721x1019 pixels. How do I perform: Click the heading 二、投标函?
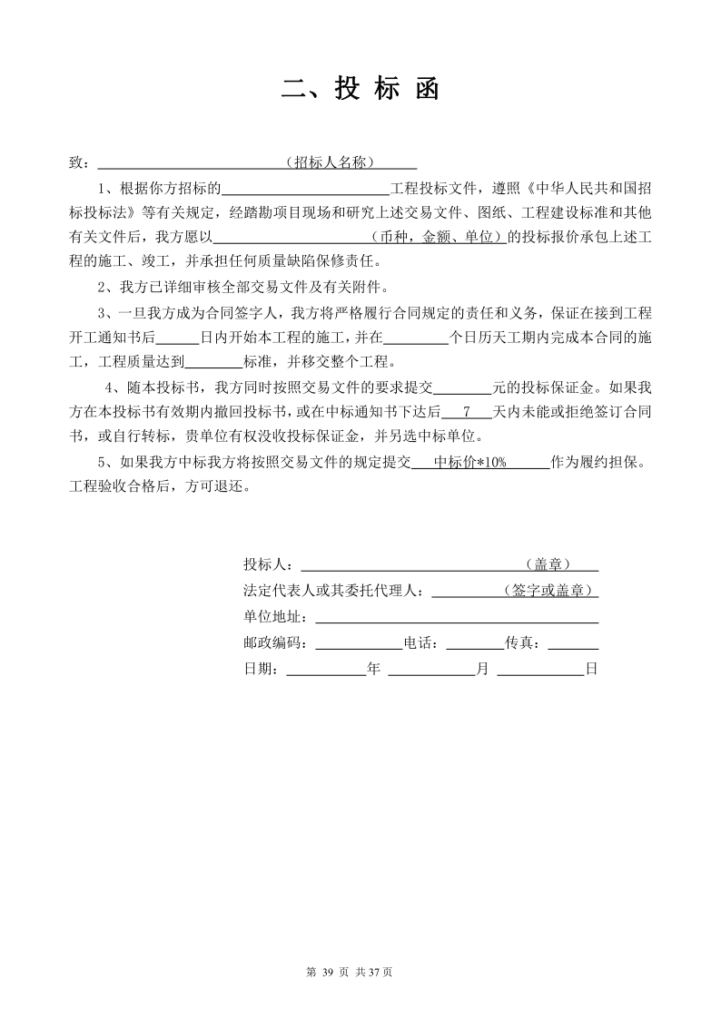coord(360,89)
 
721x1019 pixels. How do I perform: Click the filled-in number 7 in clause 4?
coord(466,411)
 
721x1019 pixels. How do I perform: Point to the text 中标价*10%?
coord(469,461)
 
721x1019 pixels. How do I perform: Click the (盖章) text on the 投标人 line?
coord(548,564)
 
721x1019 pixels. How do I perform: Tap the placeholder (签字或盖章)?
coord(548,591)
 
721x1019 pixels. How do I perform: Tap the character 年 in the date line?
coord(372,670)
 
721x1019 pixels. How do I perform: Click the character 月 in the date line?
coord(482,670)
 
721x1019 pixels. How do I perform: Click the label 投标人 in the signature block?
coord(263,564)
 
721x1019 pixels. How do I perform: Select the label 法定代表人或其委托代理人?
coord(331,591)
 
